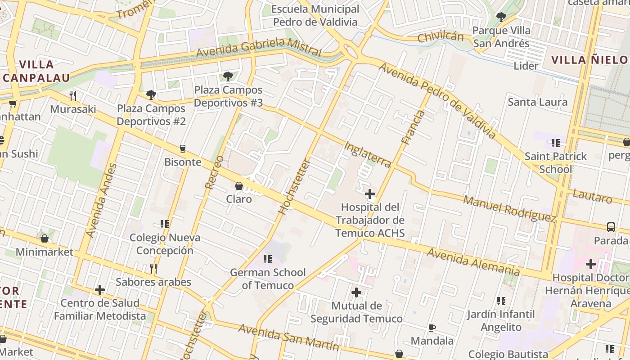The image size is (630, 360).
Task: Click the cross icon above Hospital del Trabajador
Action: click(x=370, y=194)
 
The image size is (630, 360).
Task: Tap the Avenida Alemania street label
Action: click(x=473, y=261)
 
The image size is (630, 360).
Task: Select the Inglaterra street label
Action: click(x=367, y=155)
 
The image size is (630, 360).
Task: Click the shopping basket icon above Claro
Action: click(x=239, y=186)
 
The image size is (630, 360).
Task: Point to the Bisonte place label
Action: click(x=183, y=162)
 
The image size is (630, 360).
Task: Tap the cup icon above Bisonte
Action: click(x=183, y=148)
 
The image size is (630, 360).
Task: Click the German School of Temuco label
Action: click(x=268, y=279)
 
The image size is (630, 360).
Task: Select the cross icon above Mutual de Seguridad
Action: click(x=356, y=292)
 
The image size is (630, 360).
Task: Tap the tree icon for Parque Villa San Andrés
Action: click(x=501, y=17)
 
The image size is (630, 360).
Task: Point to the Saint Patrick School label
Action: click(x=556, y=162)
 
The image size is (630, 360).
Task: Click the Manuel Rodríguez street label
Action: click(x=509, y=209)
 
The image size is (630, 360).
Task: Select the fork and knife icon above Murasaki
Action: click(x=73, y=95)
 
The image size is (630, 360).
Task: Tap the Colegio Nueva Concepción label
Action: click(x=165, y=244)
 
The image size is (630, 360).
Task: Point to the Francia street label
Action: click(x=413, y=127)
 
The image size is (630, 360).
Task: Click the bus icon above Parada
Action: click(x=611, y=227)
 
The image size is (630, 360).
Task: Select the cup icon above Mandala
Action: click(x=432, y=327)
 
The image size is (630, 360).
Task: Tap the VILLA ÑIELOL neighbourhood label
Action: click(x=589, y=60)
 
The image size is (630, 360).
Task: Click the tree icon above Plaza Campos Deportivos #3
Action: click(x=228, y=76)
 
